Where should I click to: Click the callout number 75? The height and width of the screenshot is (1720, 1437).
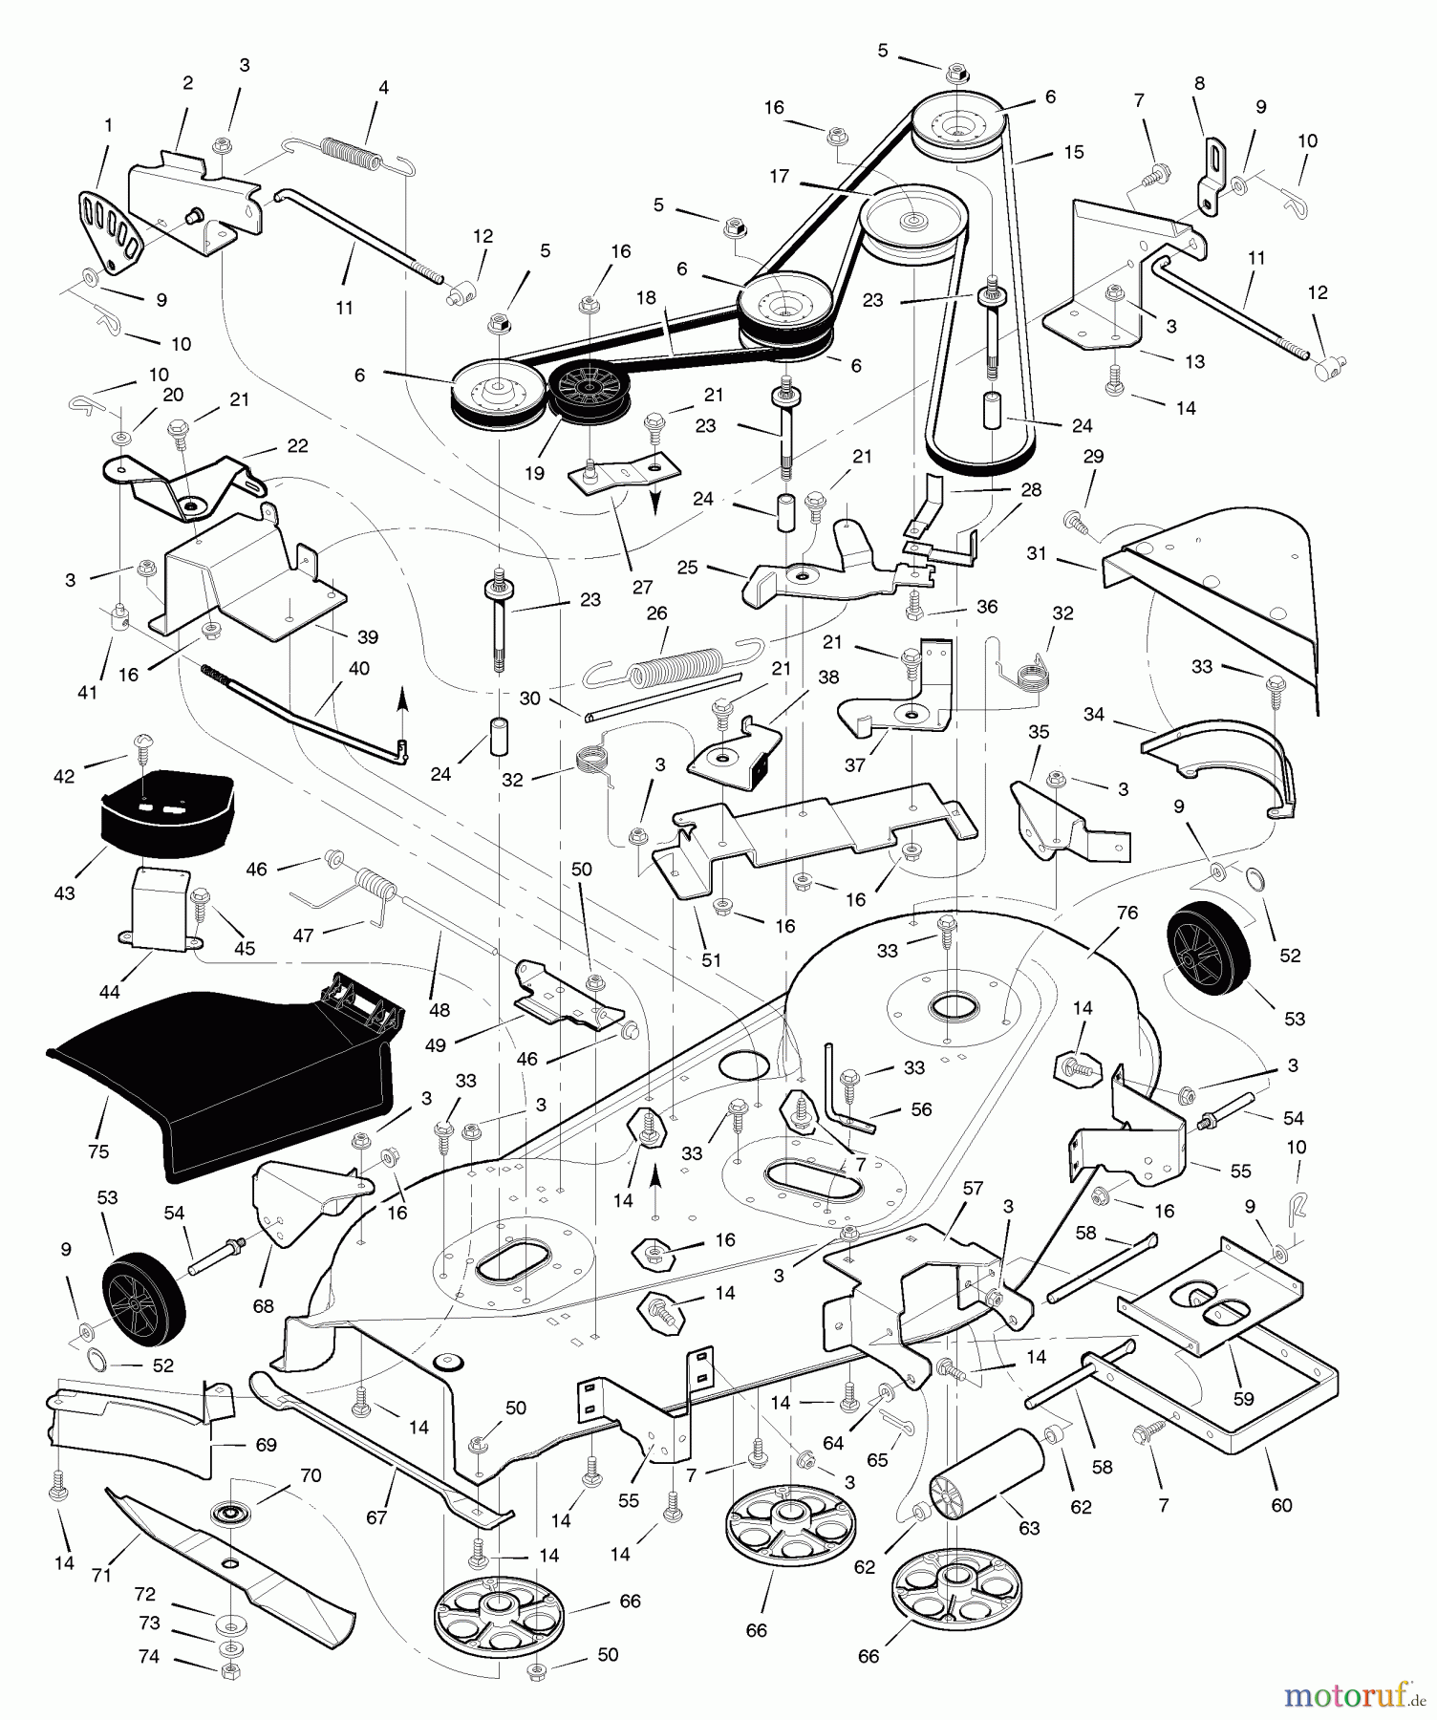(x=98, y=1151)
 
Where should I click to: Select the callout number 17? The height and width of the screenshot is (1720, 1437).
(x=780, y=177)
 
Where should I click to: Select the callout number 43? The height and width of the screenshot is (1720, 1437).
(x=65, y=893)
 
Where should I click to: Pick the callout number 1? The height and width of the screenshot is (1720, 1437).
(x=108, y=125)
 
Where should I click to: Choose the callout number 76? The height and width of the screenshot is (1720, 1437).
(x=1127, y=913)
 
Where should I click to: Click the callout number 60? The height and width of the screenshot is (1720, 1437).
(x=1281, y=1505)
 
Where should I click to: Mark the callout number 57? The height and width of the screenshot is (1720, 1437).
(x=973, y=1190)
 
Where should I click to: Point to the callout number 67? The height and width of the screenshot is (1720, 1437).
(x=376, y=1517)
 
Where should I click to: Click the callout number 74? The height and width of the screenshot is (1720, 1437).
(x=148, y=1658)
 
